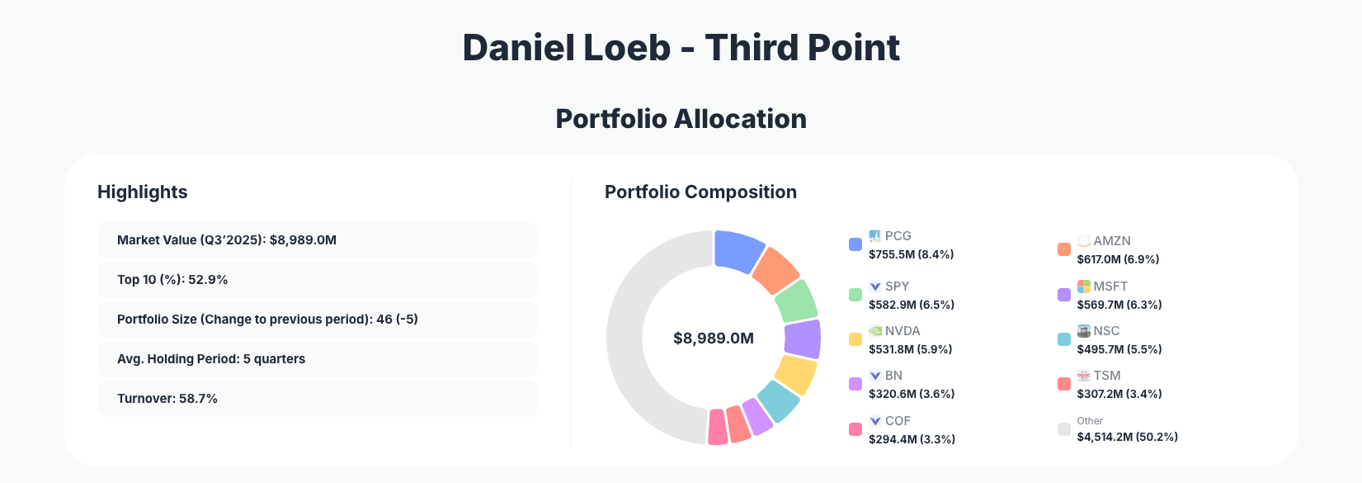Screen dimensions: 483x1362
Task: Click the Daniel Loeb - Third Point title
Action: [681, 48]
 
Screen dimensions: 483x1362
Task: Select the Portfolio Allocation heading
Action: [681, 119]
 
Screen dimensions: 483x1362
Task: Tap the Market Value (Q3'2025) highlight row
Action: [317, 240]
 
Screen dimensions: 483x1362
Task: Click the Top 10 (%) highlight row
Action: [317, 280]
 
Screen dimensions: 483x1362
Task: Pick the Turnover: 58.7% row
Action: [317, 399]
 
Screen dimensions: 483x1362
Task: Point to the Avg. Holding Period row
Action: [317, 359]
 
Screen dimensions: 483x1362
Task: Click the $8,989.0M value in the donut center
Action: [714, 339]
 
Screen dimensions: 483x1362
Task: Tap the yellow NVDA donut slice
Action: [796, 375]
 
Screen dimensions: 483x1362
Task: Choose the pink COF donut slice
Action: [718, 427]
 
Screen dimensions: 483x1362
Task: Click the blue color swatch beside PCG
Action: [855, 244]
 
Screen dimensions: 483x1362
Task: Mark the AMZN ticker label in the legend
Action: [1111, 241]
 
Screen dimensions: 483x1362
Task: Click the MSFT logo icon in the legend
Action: [1084, 286]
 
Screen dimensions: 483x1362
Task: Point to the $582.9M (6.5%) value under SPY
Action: [912, 305]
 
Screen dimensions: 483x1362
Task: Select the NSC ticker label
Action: [1106, 331]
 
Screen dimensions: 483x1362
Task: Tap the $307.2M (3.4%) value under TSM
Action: [1119, 394]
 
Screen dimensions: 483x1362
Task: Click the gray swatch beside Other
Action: [1064, 429]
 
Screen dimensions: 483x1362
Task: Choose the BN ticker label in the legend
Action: [893, 376]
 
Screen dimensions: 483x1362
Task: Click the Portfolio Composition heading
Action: [700, 192]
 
